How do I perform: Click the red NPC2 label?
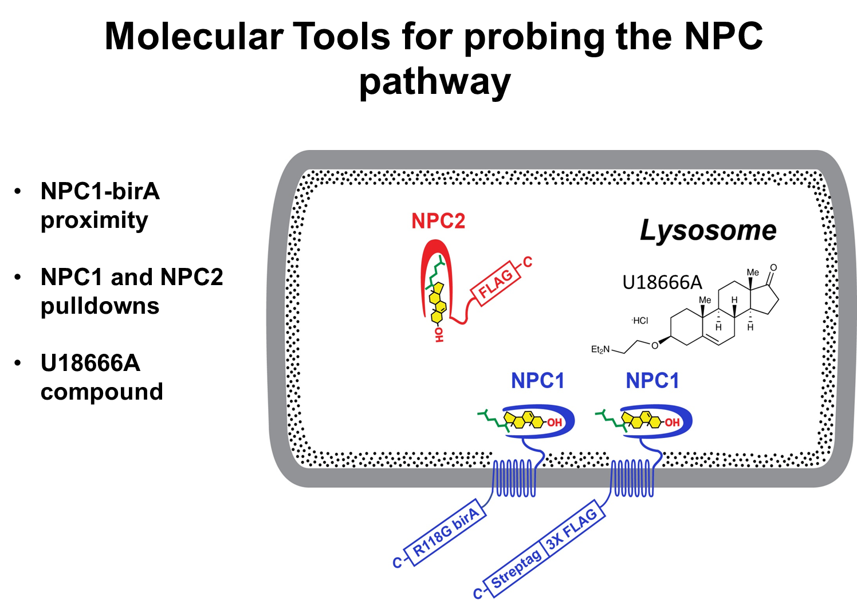pyautogui.click(x=438, y=221)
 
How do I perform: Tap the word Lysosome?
pyautogui.click(x=708, y=231)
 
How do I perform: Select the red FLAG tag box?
pyautogui.click(x=496, y=284)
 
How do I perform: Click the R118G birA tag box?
pyautogui.click(x=446, y=534)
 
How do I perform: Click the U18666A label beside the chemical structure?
pyautogui.click(x=662, y=282)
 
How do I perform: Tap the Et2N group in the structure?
pyautogui.click(x=600, y=349)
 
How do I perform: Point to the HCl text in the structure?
pyautogui.click(x=640, y=321)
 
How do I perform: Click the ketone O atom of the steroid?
pyautogui.click(x=773, y=268)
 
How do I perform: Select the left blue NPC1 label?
pyautogui.click(x=537, y=381)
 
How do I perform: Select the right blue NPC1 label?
pyautogui.click(x=652, y=381)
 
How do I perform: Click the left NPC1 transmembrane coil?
pyautogui.click(x=514, y=478)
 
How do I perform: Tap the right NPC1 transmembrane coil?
pyautogui.click(x=632, y=478)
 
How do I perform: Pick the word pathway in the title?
pyautogui.click(x=435, y=82)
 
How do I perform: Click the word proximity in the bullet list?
pyautogui.click(x=95, y=220)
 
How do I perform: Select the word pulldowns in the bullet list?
pyautogui.click(x=100, y=306)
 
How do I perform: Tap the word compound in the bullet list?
pyautogui.click(x=101, y=392)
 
